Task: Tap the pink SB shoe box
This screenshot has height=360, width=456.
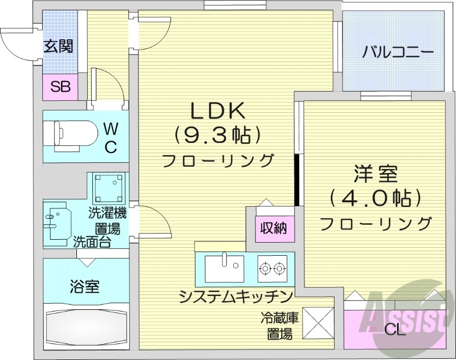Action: tap(60, 87)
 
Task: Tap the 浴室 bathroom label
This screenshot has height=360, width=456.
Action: tap(85, 286)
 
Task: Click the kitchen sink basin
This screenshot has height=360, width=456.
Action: tap(223, 268)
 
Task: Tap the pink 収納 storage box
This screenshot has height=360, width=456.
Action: tap(274, 230)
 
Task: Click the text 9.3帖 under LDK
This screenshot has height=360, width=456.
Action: tap(217, 135)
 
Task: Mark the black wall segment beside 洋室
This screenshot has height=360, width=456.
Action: tap(296, 179)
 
